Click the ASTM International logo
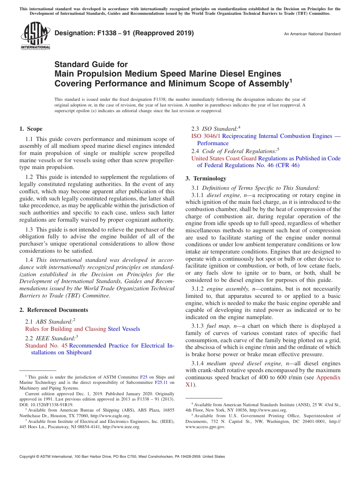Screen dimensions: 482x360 pos(35,36)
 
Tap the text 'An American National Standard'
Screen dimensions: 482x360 pos(312,34)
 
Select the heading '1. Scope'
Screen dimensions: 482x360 pos(31,129)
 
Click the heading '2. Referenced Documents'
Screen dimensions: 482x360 pos(53,310)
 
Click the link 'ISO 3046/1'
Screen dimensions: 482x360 pos(206,136)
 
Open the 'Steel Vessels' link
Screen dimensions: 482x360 pos(124,329)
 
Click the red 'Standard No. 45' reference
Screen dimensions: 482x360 pos(46,346)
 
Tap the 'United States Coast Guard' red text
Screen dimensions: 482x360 pos(224,158)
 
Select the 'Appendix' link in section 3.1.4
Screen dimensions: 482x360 pos(328,377)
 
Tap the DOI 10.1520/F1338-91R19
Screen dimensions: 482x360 pos(49,405)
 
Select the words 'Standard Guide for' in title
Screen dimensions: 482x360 pos(91,64)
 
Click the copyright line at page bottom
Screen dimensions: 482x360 pos(122,457)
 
